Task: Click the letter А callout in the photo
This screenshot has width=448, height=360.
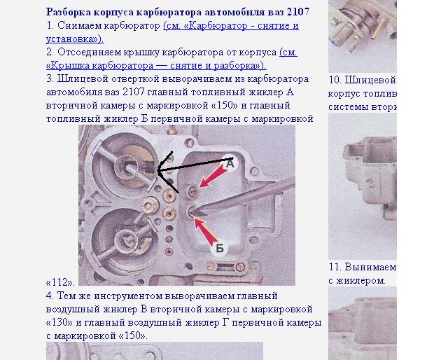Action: (230, 164)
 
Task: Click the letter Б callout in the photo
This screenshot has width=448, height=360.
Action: (219, 248)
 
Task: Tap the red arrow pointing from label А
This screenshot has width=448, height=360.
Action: (213, 176)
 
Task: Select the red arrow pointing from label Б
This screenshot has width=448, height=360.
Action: (206, 231)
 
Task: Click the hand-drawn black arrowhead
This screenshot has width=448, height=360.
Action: (166, 171)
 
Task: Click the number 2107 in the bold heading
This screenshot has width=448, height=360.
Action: (298, 12)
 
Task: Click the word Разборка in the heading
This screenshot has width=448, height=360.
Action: (69, 13)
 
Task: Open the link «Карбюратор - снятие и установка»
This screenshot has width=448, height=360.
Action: (172, 32)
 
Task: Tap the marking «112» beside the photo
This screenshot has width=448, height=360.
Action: (60, 282)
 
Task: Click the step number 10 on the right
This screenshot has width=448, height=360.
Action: (335, 80)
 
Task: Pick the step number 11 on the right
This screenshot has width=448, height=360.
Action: (335, 267)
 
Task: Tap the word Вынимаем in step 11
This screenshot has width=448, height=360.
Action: (370, 267)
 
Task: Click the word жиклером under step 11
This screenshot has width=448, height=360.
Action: (360, 281)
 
